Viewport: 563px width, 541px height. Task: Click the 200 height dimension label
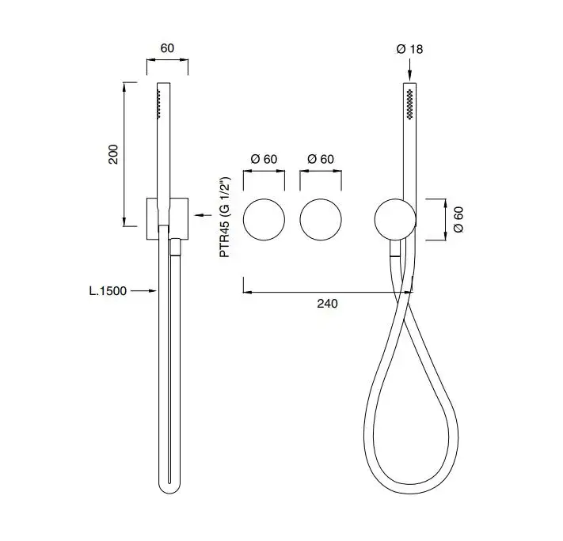pyautogui.click(x=113, y=154)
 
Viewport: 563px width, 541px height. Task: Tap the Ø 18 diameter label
pyautogui.click(x=409, y=49)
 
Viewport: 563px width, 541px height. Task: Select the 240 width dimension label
pyautogui.click(x=327, y=304)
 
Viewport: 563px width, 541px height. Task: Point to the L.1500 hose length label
pyautogui.click(x=108, y=290)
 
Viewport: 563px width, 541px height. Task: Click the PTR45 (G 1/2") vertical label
pyautogui.click(x=225, y=217)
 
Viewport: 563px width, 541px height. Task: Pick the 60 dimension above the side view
pyautogui.click(x=167, y=48)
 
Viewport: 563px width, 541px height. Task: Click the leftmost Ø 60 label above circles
pyautogui.click(x=264, y=159)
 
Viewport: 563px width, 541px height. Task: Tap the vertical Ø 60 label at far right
pyautogui.click(x=458, y=220)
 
